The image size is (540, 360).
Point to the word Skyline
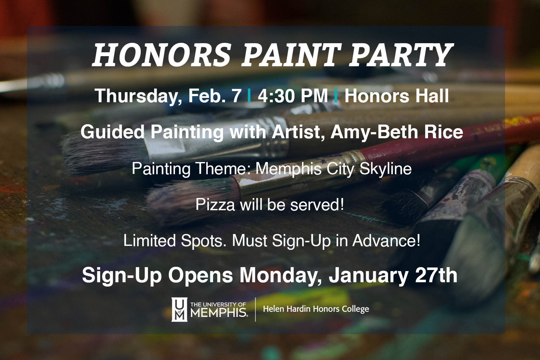pos(386,169)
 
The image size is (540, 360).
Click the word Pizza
pos(215,204)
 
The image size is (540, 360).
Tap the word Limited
pos(149,240)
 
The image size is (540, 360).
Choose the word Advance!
pos(386,240)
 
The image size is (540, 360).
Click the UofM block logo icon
pos(179,309)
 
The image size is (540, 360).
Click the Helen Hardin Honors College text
pos(316,309)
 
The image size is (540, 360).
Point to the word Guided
pos(112,132)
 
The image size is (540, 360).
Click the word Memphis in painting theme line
pos(289,169)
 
